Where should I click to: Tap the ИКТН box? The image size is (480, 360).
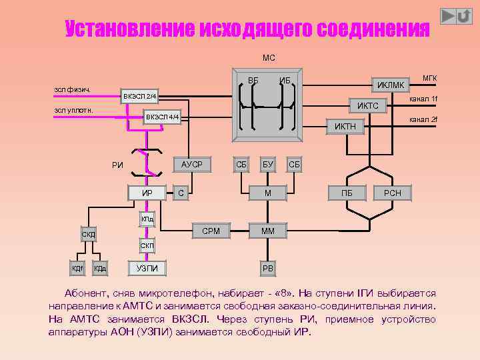tap(345, 126)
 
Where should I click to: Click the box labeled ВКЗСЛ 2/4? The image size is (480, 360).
tap(139, 97)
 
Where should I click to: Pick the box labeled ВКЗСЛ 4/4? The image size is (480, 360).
tap(163, 117)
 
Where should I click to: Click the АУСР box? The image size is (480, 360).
tap(192, 163)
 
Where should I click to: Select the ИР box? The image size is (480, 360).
tap(147, 193)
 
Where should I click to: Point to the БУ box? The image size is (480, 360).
tap(268, 163)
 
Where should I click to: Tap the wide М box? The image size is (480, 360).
tap(267, 193)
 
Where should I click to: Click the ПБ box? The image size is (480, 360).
tap(347, 193)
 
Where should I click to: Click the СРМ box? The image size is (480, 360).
tap(211, 231)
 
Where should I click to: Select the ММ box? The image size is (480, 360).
tap(267, 231)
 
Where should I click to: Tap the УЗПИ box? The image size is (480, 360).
tap(147, 268)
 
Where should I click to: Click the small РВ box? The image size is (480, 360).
tap(267, 268)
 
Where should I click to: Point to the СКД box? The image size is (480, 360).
tap(89, 235)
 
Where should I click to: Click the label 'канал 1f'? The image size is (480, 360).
tap(423, 99)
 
